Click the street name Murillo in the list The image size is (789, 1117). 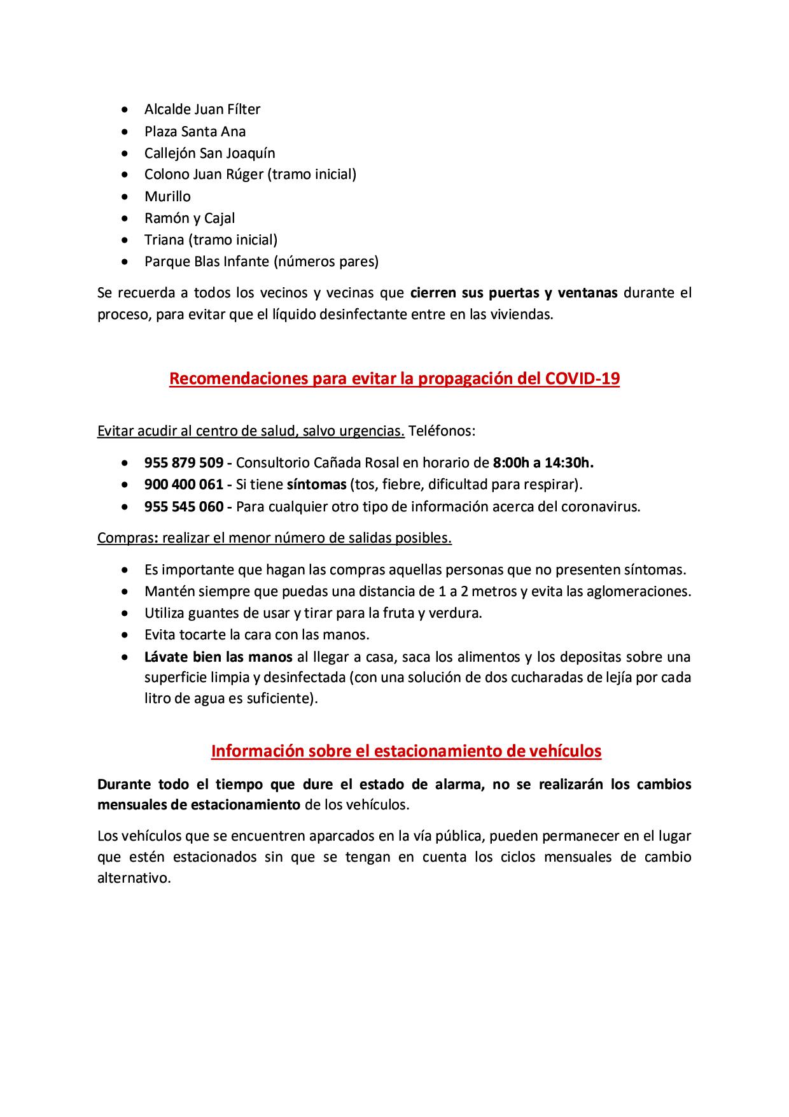(167, 196)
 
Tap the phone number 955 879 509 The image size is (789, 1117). (184, 462)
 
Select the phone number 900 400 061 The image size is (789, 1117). (184, 485)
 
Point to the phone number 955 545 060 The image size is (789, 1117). (184, 507)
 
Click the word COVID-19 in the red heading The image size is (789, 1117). (582, 379)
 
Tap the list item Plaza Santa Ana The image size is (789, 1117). (195, 131)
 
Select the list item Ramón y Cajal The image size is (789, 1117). (190, 218)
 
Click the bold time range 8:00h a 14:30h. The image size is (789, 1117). (543, 462)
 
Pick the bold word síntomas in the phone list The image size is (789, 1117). (316, 485)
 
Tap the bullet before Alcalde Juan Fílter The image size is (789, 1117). (130, 110)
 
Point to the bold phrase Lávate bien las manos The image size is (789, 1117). (218, 657)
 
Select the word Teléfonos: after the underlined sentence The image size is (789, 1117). (442, 431)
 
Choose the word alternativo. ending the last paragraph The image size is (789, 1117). (134, 878)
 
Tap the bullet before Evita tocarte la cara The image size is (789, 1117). (130, 635)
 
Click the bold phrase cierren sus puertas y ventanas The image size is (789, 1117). (514, 293)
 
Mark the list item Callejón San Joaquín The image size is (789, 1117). (209, 153)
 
